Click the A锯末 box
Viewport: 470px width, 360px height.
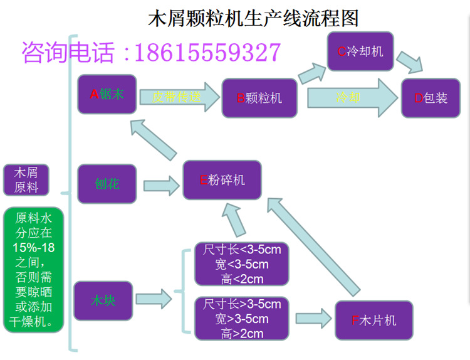[x=107, y=94]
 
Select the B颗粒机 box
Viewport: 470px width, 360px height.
[x=259, y=98]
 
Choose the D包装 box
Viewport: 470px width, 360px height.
[x=431, y=98]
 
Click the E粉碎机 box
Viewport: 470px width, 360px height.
[x=222, y=180]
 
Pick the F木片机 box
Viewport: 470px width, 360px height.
[x=374, y=320]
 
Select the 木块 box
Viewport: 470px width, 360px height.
[x=103, y=300]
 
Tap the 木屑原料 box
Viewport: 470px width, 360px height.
[x=26, y=180]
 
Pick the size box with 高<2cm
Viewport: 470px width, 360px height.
[x=242, y=264]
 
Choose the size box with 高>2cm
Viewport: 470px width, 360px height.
[x=242, y=319]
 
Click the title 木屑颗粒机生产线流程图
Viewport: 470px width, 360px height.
[x=253, y=18]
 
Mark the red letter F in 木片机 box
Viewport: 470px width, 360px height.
[x=355, y=321]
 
